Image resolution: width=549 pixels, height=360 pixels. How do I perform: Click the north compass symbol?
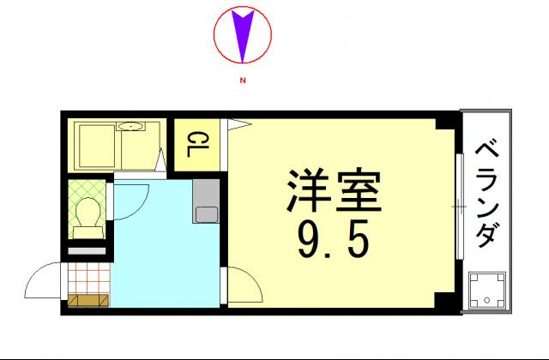[x=243, y=35]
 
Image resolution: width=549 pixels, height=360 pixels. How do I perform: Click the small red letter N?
[x=243, y=81]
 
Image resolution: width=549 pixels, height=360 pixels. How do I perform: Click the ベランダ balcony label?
[x=487, y=191]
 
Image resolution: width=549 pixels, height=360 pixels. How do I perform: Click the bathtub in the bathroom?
[x=96, y=145]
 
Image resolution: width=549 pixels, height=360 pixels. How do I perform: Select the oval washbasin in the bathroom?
[x=131, y=128]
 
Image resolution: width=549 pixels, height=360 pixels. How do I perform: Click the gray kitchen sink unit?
[x=207, y=202]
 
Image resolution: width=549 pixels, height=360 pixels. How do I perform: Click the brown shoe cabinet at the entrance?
[x=88, y=301]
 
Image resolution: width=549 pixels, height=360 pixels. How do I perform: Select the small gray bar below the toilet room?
[x=87, y=249]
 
